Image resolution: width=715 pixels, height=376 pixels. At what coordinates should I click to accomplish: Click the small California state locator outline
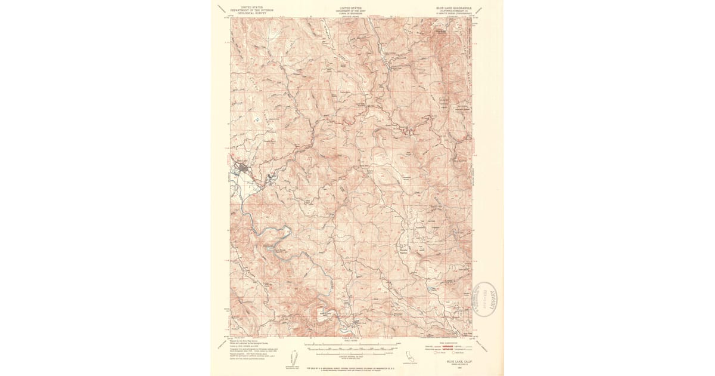coord(409,356)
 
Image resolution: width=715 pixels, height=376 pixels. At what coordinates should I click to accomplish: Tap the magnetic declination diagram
coord(294,357)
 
